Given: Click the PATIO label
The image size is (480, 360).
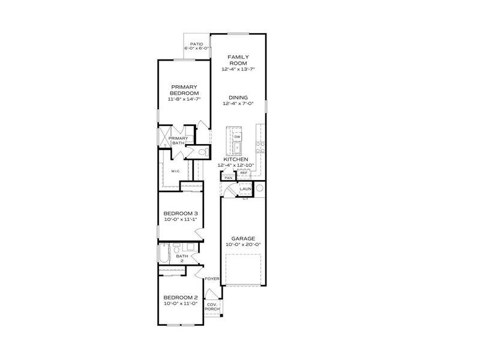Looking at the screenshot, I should pos(196,44).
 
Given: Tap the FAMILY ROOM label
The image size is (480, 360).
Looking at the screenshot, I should pos(238,59).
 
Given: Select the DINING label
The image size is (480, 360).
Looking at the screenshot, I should pos(238,97).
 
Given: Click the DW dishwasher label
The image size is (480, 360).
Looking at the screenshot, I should pos(237,137).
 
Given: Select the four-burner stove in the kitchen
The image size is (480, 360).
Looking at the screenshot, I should pos(260,145).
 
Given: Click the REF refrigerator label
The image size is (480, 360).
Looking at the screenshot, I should pos(244,173).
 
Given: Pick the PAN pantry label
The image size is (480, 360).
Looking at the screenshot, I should pos(228,178).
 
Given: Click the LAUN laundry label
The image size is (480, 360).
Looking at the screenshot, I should pos(245,189).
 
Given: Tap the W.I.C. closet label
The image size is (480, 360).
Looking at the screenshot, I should pos(176,171).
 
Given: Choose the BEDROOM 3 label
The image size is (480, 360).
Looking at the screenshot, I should pos(181,214).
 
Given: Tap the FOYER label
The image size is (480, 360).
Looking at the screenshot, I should pos(211,279).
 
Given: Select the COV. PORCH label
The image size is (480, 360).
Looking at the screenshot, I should pos(212,307).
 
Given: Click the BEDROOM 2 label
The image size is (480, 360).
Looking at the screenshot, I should pos(181,298).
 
